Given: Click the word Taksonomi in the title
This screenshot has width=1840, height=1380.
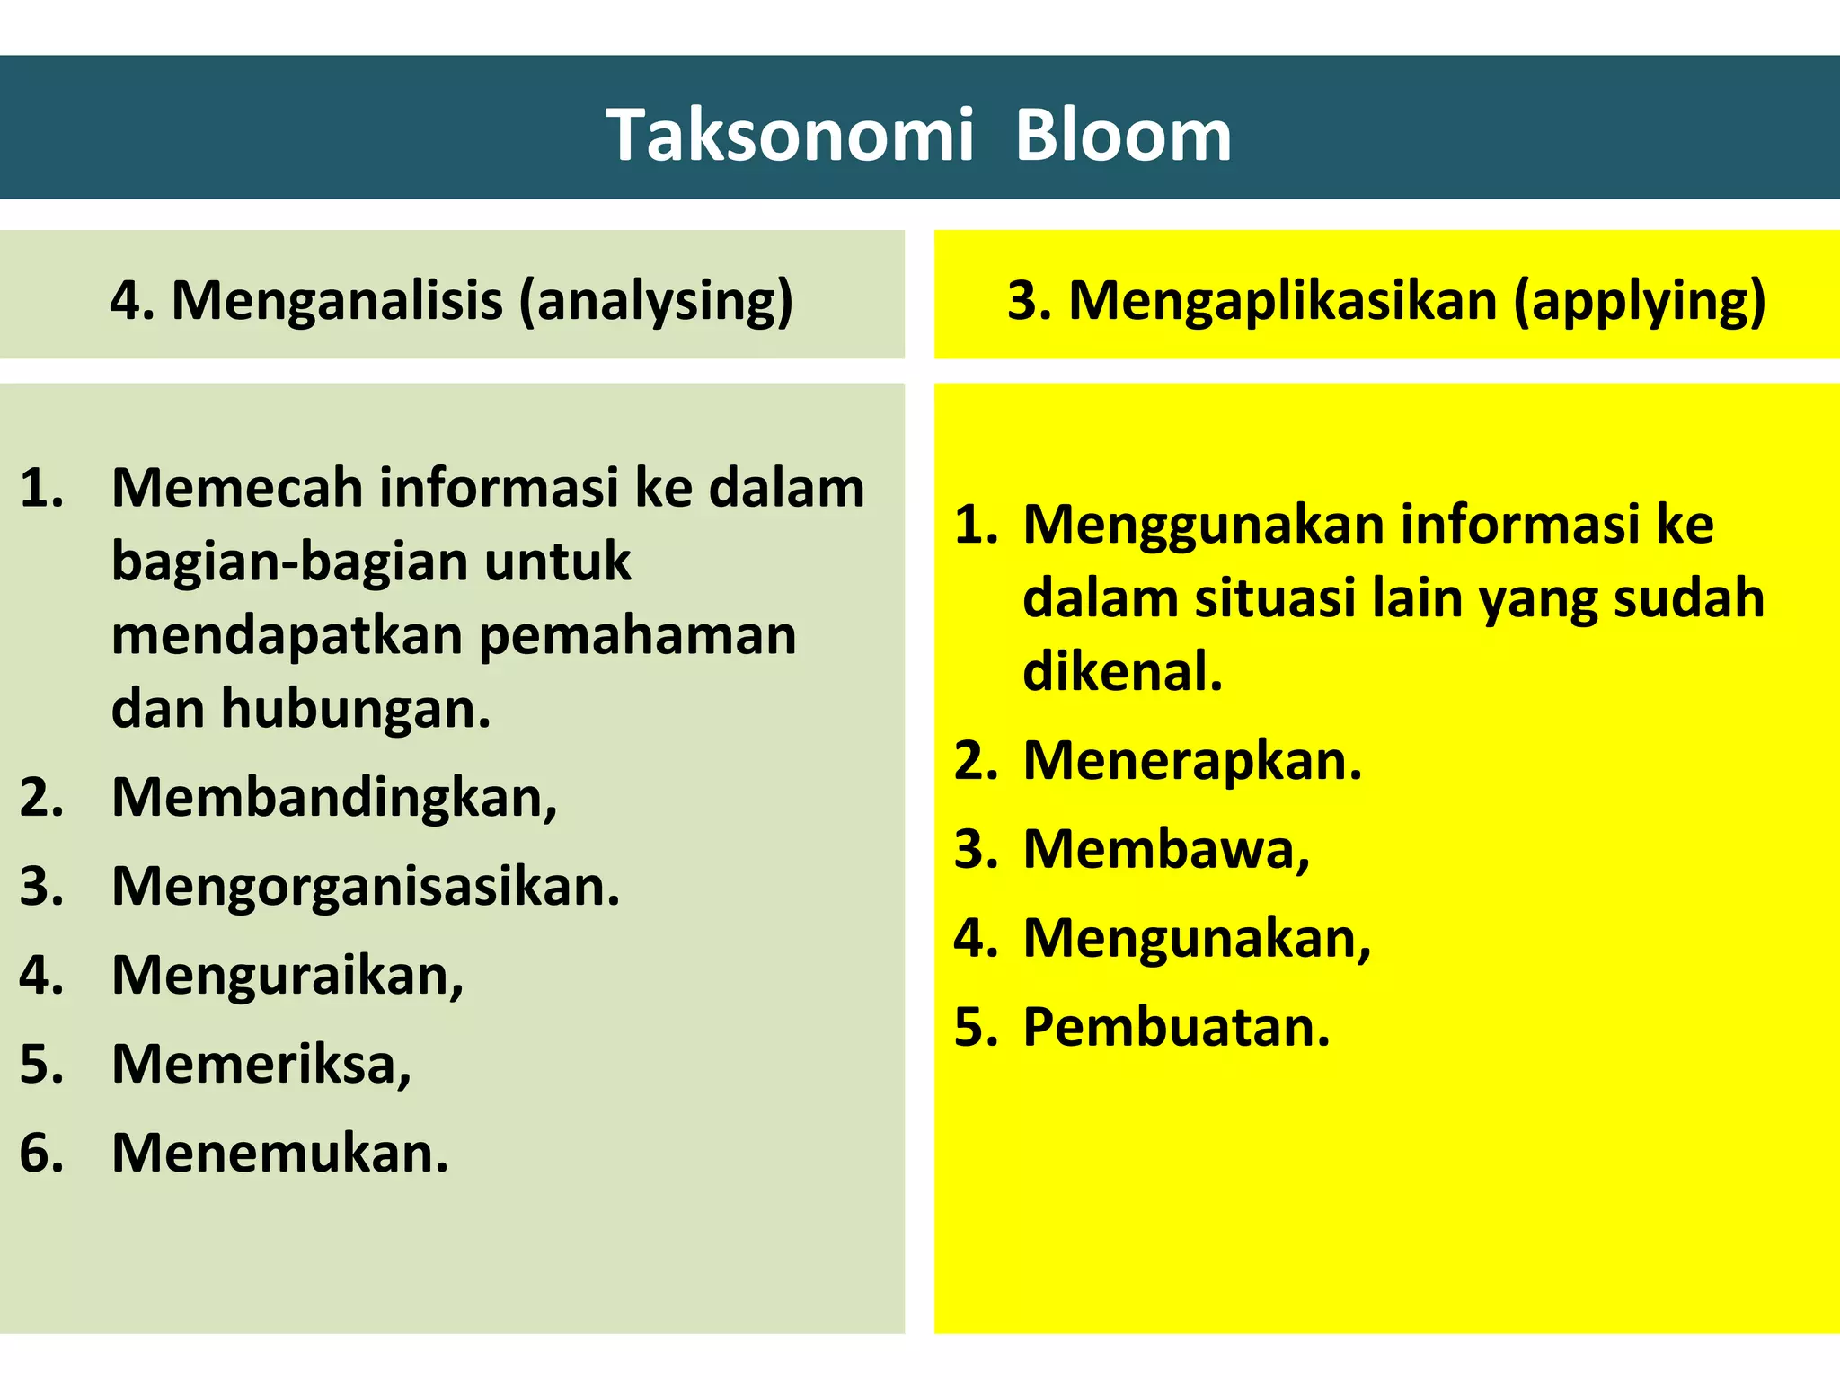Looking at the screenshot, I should coord(790,136).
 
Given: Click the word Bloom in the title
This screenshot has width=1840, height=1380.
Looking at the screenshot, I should coord(1122,136).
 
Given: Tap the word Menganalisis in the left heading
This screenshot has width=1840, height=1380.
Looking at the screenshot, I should coord(337,300).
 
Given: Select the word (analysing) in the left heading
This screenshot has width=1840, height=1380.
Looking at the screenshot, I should coord(657,300).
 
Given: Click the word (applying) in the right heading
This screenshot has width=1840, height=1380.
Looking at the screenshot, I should coord(1640,300).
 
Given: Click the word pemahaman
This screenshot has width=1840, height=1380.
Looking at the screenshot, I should coord(637,635).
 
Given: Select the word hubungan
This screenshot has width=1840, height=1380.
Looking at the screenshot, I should coord(356,709).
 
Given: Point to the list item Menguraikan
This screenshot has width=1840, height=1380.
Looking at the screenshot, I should coord(287,975).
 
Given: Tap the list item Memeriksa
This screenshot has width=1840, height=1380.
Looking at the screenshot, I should coord(261,1064).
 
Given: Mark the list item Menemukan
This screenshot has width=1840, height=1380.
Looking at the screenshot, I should coord(279,1153).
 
